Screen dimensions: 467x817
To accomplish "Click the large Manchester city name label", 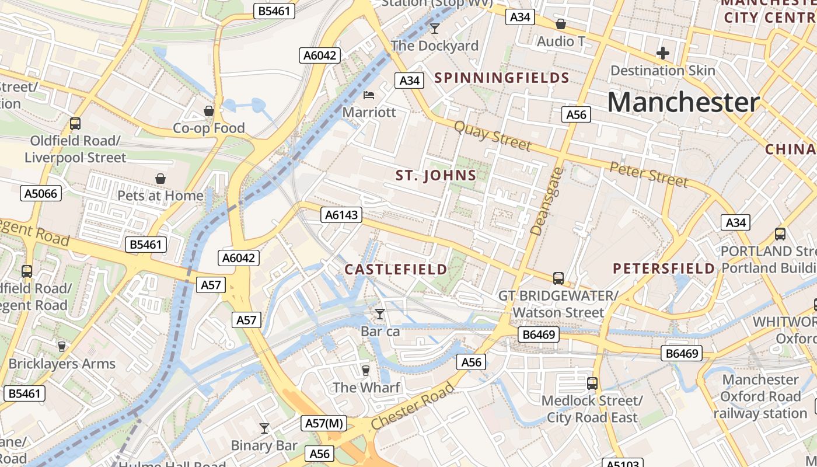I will (x=683, y=102).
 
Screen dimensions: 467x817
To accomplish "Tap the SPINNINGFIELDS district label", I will (x=502, y=78).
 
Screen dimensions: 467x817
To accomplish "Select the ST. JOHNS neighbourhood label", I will (x=436, y=175).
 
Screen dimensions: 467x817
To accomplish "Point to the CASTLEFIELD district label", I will (x=396, y=269).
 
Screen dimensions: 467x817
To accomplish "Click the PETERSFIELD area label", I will (x=664, y=269).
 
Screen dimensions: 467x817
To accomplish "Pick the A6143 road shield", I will (x=341, y=215).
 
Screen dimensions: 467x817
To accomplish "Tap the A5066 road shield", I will (x=41, y=193).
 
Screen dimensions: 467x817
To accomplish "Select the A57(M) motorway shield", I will (x=324, y=423).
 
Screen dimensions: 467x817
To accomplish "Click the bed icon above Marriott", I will (x=368, y=95).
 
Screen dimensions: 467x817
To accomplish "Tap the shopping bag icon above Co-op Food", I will (x=209, y=111).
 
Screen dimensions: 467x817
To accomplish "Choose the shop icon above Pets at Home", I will (x=160, y=179).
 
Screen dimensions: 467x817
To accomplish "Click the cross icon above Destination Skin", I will (x=662, y=54).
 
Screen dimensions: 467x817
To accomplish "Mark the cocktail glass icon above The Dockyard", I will (x=434, y=28).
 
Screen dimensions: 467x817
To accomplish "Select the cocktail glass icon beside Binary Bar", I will (x=264, y=428).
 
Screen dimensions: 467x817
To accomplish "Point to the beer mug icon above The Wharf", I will (x=366, y=371).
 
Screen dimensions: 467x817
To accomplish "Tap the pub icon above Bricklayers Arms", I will (x=62, y=346).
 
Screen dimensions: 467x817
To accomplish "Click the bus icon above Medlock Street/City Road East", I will (x=592, y=384).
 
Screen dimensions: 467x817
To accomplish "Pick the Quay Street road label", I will (x=492, y=135).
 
